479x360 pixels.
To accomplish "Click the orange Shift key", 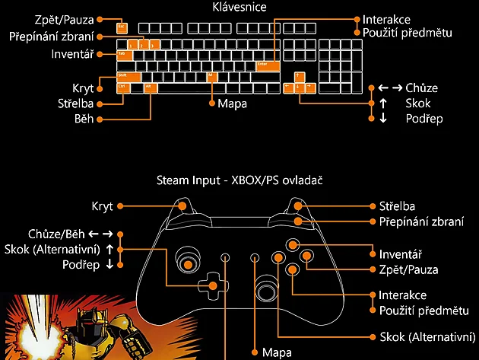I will pyautogui.click(x=127, y=76).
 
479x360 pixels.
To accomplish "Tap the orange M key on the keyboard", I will pyautogui.click(x=211, y=76).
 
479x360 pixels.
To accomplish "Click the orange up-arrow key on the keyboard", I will pyautogui.click(x=300, y=76).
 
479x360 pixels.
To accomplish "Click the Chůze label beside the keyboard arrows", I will pyautogui.click(x=421, y=88).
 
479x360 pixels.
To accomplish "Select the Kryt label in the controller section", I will pyautogui.click(x=102, y=206).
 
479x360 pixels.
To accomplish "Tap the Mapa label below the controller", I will pyautogui.click(x=277, y=353).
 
